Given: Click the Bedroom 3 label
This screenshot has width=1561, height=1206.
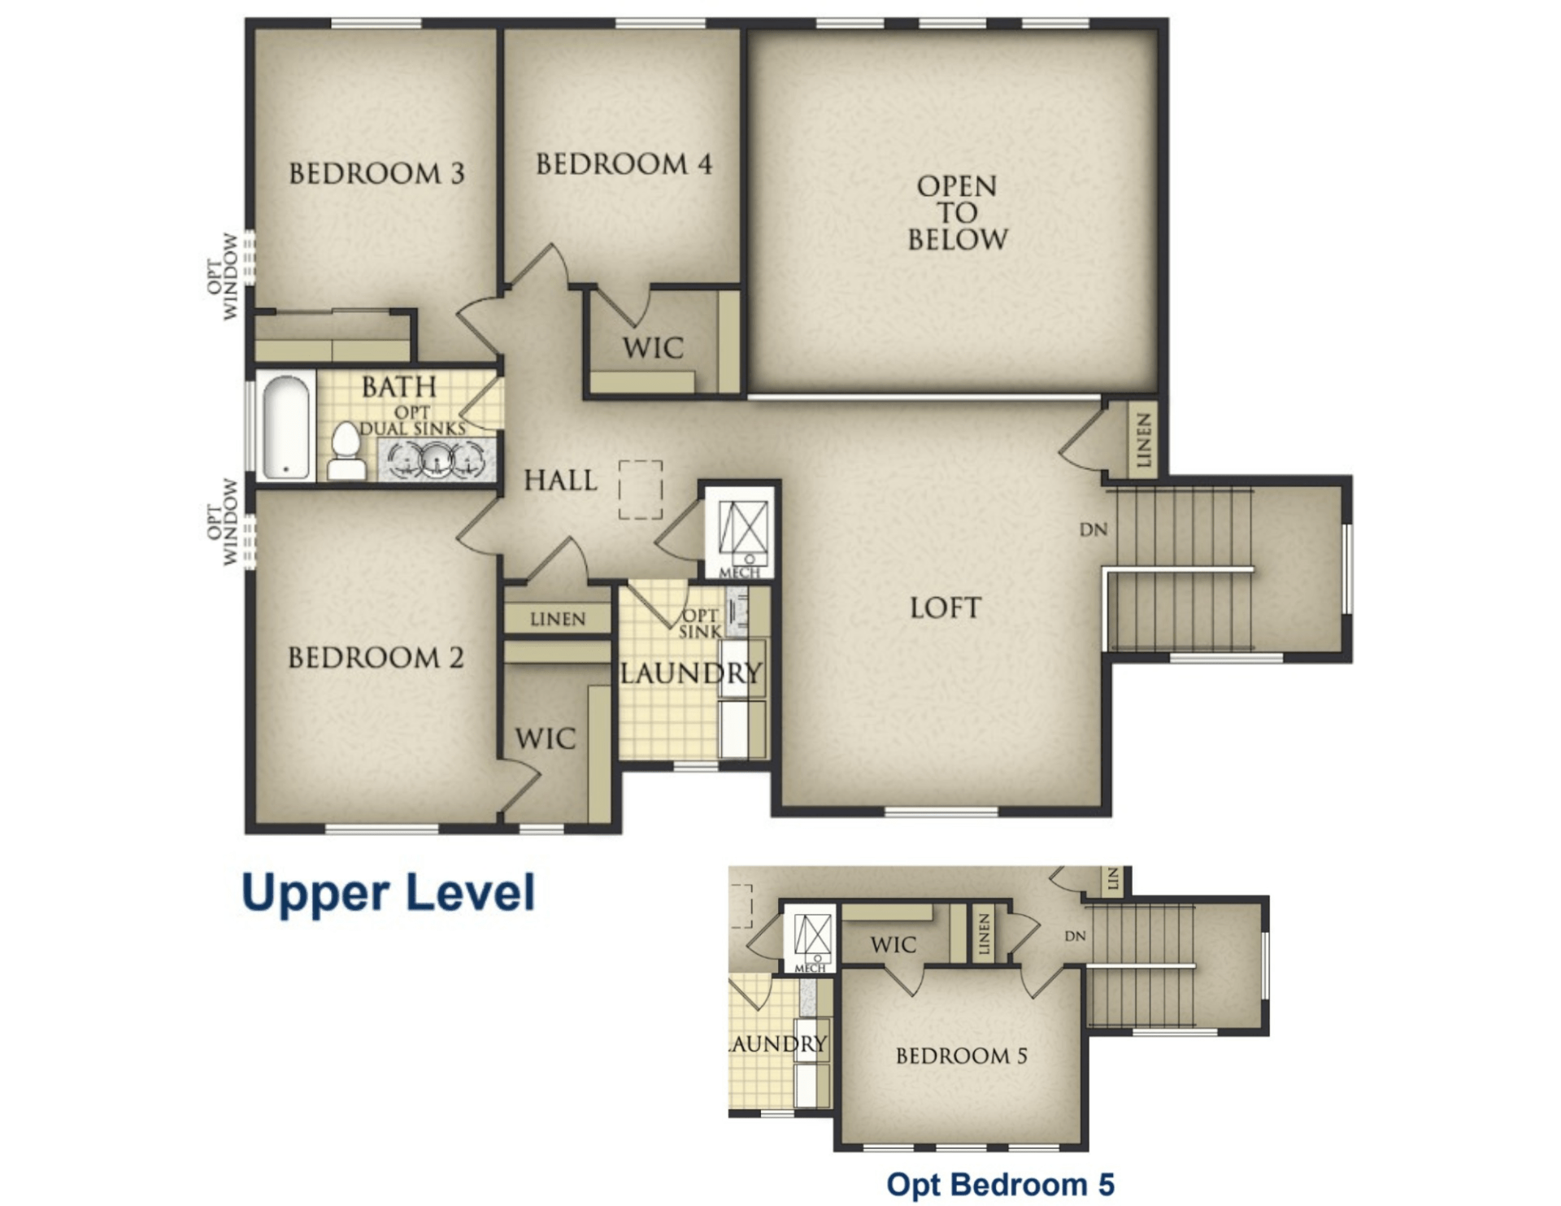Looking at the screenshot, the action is [376, 173].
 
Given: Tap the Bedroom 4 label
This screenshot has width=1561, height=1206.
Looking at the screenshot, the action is [624, 164].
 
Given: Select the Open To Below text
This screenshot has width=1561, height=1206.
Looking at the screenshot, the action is [957, 213].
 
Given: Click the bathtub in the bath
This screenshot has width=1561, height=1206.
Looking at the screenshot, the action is [285, 427].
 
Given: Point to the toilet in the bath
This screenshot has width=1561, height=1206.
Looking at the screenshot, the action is [346, 452].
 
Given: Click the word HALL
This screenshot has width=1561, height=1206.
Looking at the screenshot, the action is [560, 480].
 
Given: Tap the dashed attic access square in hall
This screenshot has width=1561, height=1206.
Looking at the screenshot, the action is [641, 490].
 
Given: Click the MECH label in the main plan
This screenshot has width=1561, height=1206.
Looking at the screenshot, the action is [739, 573].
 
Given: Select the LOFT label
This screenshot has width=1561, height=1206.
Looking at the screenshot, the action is [945, 607].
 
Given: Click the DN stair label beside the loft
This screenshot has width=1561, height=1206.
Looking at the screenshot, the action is [1093, 530].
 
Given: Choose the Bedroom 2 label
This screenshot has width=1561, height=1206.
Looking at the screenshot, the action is [376, 657].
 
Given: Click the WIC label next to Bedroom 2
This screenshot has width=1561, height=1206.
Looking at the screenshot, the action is [545, 738].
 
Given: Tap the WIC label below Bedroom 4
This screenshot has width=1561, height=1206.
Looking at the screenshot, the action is [653, 348].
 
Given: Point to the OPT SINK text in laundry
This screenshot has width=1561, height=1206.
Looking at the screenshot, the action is [700, 623].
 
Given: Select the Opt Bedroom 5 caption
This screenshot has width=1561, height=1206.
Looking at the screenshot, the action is [1000, 1184].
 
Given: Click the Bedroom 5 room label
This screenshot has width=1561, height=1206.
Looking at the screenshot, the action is [961, 1056].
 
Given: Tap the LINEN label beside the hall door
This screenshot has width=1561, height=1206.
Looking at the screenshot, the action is [557, 620].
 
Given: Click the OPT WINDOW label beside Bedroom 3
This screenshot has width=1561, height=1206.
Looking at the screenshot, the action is [223, 276].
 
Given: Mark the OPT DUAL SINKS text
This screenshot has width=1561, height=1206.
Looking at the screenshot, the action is [412, 420].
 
